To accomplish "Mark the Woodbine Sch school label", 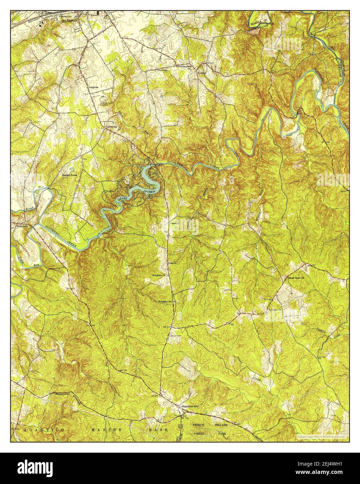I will coord(165,302).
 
